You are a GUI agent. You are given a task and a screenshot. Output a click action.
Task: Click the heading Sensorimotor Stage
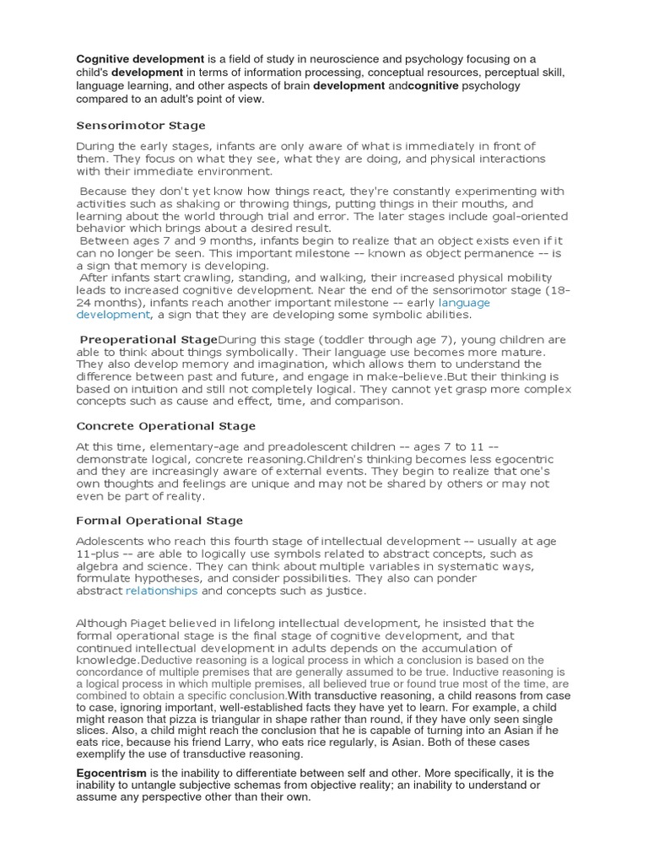[141, 126]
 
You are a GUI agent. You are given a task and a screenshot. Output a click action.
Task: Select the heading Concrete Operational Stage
[165, 426]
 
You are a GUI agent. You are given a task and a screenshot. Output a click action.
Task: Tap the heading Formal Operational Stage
[159, 520]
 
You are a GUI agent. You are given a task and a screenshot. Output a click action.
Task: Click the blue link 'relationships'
[161, 591]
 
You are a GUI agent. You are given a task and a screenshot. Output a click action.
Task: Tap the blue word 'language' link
[464, 301]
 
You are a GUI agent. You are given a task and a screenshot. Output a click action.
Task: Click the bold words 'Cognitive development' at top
[141, 59]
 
